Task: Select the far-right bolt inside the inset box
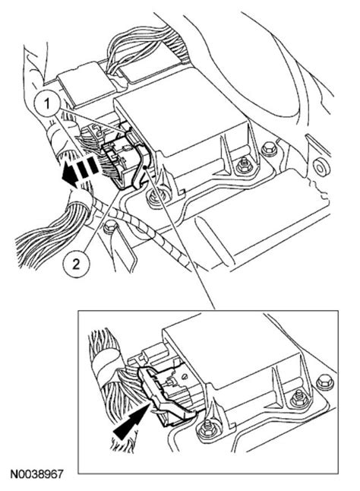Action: coord(324,379)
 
